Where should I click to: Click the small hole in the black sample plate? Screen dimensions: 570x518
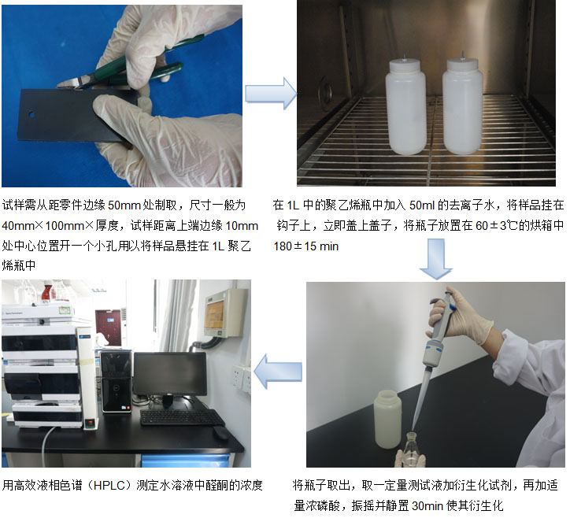click(x=31, y=114)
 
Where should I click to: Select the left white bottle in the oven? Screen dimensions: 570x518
click(x=405, y=106)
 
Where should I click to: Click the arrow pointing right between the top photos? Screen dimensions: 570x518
click(x=271, y=94)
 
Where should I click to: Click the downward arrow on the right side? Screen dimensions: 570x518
click(x=435, y=259)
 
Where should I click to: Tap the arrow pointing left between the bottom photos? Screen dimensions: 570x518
click(x=278, y=372)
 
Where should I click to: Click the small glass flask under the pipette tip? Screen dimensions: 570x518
click(x=411, y=450)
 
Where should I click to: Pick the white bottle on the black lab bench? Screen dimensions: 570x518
click(x=387, y=419)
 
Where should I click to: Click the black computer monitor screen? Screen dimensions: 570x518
click(x=170, y=373)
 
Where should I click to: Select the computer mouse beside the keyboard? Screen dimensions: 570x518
click(x=220, y=433)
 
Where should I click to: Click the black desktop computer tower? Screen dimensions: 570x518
click(x=117, y=381)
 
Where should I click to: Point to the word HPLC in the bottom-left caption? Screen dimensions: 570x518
click(x=109, y=486)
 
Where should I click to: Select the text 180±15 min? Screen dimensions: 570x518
click(x=306, y=246)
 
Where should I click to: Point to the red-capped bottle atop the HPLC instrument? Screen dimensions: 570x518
click(x=47, y=291)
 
